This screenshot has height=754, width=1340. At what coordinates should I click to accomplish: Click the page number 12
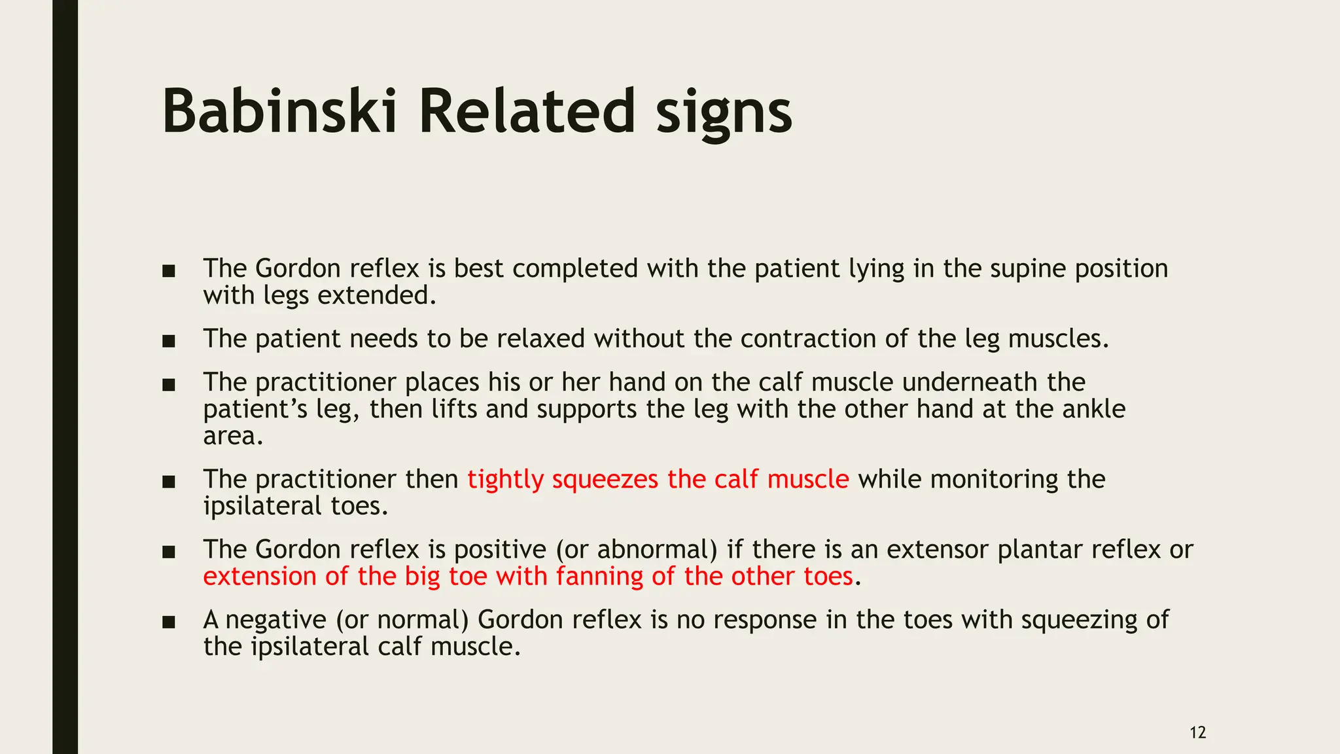pyautogui.click(x=1197, y=732)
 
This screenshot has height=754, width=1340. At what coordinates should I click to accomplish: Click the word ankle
pyautogui.click(x=1093, y=409)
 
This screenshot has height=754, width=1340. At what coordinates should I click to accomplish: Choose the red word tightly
pyautogui.click(x=505, y=480)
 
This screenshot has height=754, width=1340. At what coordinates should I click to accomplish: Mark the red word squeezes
pyautogui.click(x=605, y=480)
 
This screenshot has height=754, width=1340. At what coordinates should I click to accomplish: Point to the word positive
pyautogui.click(x=500, y=550)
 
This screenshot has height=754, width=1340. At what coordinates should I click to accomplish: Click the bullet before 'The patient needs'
pyautogui.click(x=169, y=341)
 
